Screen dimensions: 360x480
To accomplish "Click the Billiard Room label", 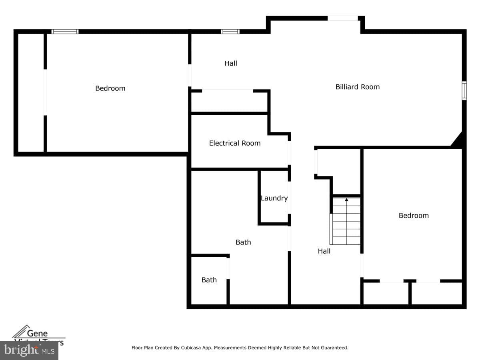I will point(357,87).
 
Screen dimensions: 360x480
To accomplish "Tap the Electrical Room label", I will point(234,143).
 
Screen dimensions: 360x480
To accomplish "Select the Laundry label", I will point(274,198).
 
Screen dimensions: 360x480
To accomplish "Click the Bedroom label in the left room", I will point(110,88).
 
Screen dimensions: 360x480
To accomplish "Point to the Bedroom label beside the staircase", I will point(413,216).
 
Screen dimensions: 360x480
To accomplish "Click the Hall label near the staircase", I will point(324,251).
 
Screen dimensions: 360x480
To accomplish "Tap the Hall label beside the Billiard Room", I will point(230,63).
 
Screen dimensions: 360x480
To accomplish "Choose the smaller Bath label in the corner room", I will point(209,280).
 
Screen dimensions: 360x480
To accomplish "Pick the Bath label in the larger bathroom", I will point(243,242).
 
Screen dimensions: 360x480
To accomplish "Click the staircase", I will point(346,222).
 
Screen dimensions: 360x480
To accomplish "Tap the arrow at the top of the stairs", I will point(346,199).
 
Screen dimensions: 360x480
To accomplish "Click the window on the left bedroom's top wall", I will point(65,32).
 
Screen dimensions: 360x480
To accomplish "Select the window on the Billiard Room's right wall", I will point(464,90).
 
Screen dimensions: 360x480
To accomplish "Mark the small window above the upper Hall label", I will point(230,32).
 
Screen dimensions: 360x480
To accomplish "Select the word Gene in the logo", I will point(37,333).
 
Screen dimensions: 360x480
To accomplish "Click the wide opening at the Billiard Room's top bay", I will point(342,18).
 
